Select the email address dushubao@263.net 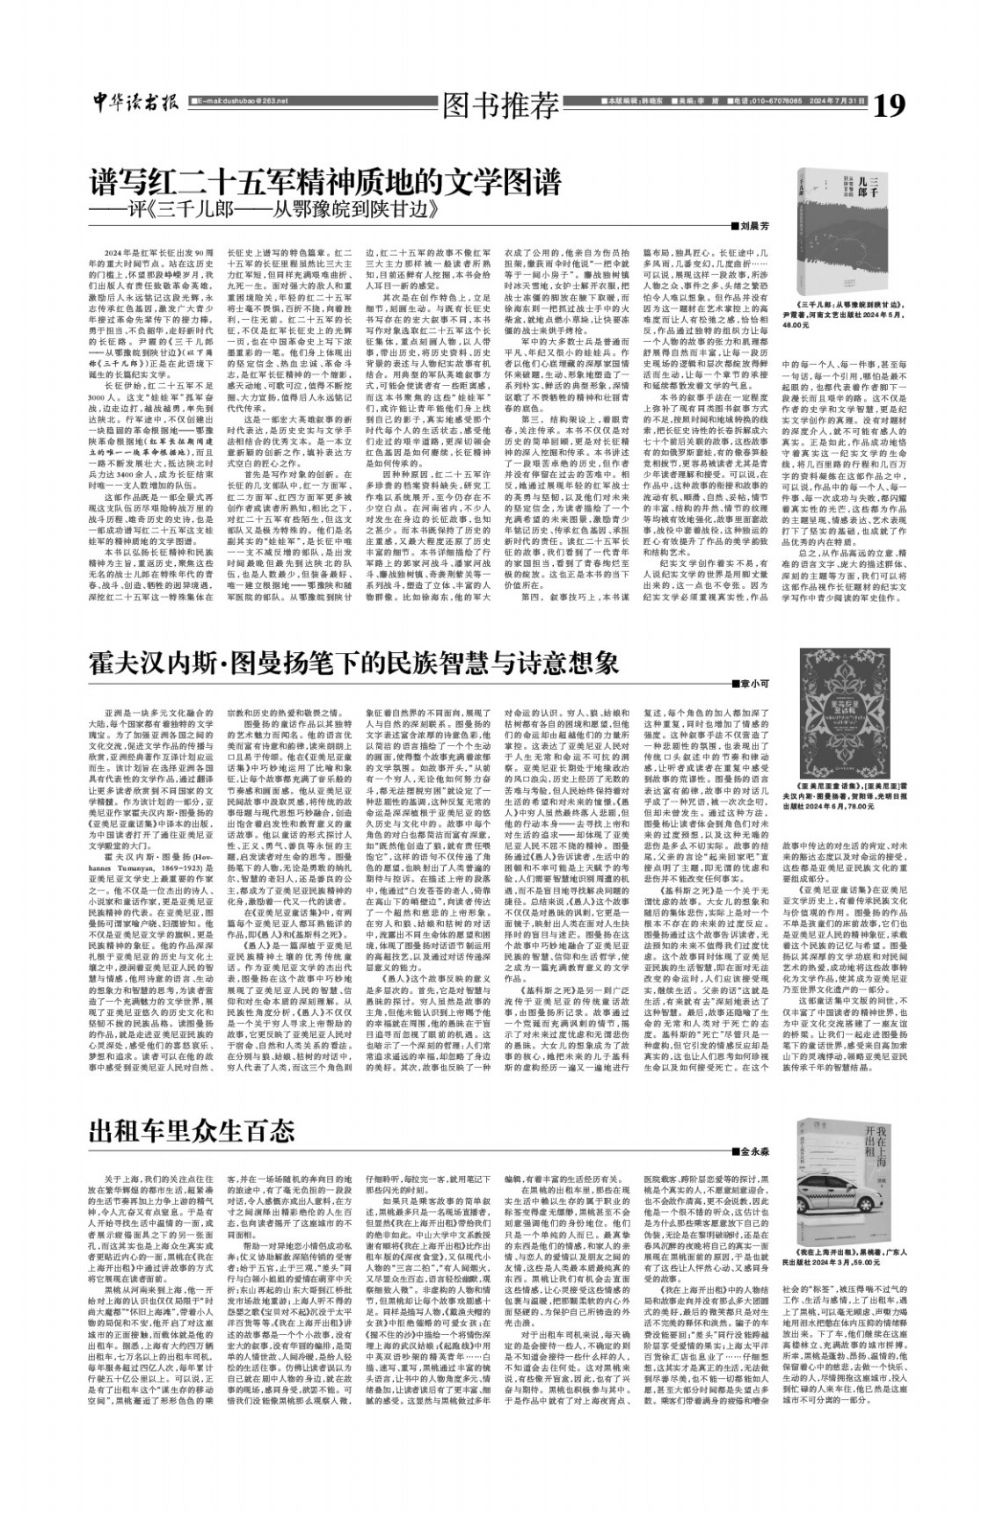tap(236, 101)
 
